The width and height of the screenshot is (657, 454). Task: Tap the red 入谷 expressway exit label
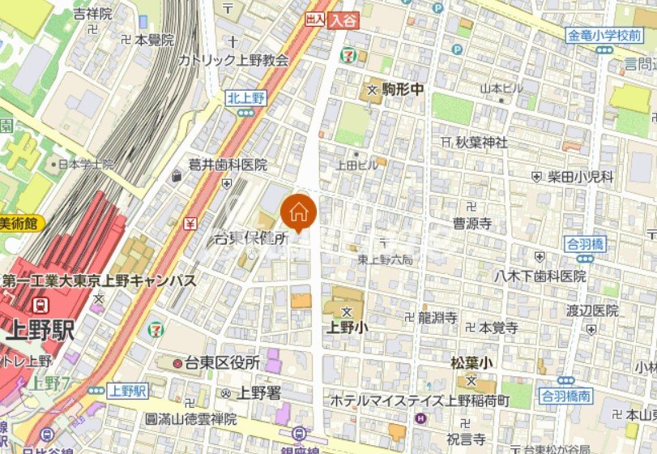(343, 22)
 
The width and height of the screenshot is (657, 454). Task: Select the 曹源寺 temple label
(472, 224)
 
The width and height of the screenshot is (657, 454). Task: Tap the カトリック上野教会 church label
(233, 60)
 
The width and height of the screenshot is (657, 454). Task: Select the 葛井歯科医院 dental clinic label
(228, 165)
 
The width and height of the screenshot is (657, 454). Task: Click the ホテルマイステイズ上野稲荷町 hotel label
(419, 400)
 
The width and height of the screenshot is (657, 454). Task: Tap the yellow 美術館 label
(20, 224)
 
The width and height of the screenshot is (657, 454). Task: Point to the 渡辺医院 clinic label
(592, 311)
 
